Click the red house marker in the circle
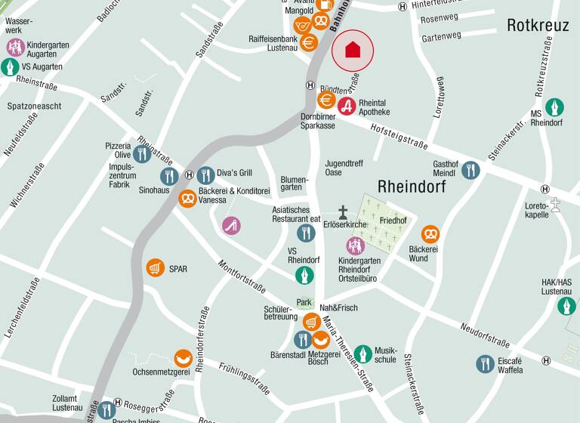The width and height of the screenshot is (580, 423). [353, 51]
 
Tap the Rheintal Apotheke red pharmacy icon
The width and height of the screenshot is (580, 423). [347, 106]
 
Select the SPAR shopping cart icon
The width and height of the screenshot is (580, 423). [156, 267]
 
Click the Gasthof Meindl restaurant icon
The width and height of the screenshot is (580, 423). [471, 170]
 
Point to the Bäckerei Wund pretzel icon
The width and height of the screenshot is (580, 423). [430, 234]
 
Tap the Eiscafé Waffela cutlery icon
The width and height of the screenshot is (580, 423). [485, 364]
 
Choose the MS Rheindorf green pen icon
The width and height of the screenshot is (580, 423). [554, 107]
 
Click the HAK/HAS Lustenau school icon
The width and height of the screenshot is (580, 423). [566, 306]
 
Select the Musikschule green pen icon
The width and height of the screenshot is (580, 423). [363, 354]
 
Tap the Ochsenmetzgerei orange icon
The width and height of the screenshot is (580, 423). [183, 357]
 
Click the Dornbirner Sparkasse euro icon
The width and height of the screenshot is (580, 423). [326, 100]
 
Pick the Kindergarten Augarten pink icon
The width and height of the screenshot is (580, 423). [16, 48]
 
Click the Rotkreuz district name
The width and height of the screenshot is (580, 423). [538, 26]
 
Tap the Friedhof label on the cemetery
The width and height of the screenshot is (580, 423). [393, 221]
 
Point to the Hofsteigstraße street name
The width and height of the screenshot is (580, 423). [399, 137]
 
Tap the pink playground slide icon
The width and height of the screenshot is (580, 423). [231, 225]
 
